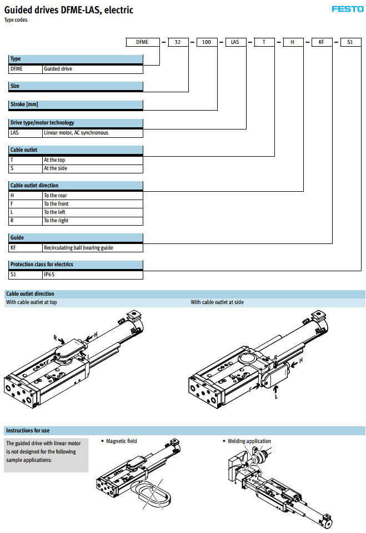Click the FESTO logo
click(x=347, y=9)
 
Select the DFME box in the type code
click(x=142, y=42)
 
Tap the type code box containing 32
click(x=178, y=42)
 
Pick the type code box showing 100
click(x=207, y=42)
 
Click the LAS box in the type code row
click(x=235, y=42)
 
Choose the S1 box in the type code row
click(x=350, y=42)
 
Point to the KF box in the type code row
click(x=321, y=42)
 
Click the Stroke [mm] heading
click(x=24, y=104)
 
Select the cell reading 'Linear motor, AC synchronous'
click(x=76, y=133)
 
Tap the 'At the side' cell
click(x=55, y=168)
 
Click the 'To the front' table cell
click(x=56, y=204)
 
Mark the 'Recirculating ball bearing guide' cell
click(x=78, y=247)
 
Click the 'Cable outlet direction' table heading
click(x=34, y=186)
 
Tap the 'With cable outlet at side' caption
click(x=217, y=302)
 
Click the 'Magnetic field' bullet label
click(x=121, y=441)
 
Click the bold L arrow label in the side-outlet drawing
click(x=276, y=396)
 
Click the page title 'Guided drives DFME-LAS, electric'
click(x=69, y=10)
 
